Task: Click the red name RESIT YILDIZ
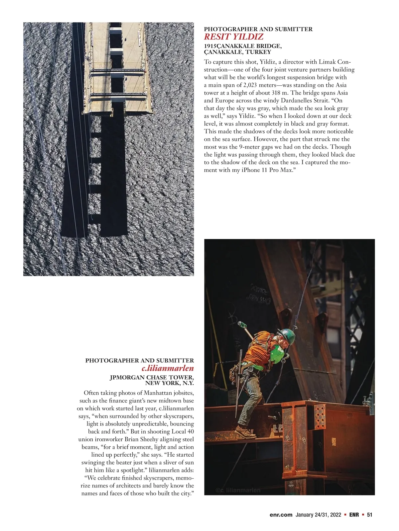[233, 37]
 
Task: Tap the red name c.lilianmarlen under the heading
[168, 368]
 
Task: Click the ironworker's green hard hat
[288, 336]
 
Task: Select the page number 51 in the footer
[369, 515]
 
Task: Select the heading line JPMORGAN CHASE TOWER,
[152, 377]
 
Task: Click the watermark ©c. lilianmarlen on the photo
[238, 490]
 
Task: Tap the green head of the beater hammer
[241, 324]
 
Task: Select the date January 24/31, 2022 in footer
[318, 515]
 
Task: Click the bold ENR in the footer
[354, 515]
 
